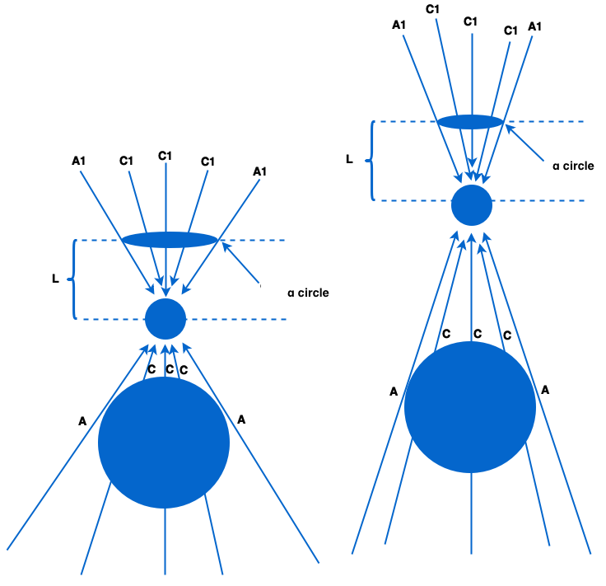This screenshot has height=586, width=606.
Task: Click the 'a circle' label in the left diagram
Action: pyautogui.click(x=309, y=293)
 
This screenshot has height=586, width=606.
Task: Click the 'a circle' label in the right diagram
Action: pyautogui.click(x=573, y=166)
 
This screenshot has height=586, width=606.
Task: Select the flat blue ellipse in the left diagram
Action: pyautogui.click(x=170, y=240)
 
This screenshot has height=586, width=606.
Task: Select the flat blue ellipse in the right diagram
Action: pyautogui.click(x=469, y=122)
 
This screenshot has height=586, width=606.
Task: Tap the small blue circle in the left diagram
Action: pyautogui.click(x=165, y=319)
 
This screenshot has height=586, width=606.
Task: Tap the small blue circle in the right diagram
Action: pyautogui.click(x=472, y=205)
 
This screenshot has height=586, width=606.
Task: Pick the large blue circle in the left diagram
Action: pyautogui.click(x=164, y=443)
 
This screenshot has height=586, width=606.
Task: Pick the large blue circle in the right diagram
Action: pyautogui.click(x=470, y=407)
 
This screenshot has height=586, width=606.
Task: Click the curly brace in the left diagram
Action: pyautogui.click(x=72, y=279)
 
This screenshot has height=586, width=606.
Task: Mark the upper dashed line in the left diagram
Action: pyautogui.click(x=255, y=240)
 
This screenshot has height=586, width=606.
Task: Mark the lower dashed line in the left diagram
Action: pyautogui.click(x=247, y=319)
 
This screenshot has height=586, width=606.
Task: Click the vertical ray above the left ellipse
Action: pyautogui.click(x=166, y=198)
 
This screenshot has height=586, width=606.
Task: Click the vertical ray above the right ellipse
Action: pyautogui.click(x=472, y=74)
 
